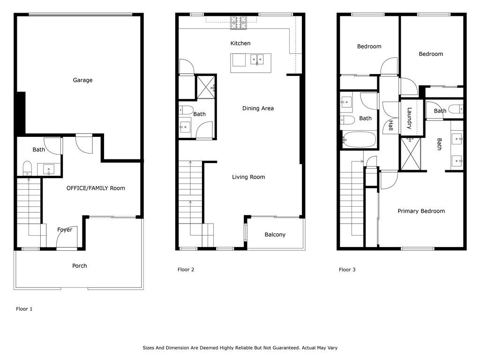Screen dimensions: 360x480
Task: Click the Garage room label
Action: pos(82,80)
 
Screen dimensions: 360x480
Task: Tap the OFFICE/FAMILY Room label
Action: pos(96,188)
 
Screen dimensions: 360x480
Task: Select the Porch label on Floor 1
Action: pos(79,266)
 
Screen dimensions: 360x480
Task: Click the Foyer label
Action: pos(65,230)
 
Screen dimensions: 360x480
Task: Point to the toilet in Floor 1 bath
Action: pos(27,167)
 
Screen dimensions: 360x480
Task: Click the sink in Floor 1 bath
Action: pos(49,169)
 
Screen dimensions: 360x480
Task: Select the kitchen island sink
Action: pos(256,59)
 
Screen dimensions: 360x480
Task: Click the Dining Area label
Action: pos(258,108)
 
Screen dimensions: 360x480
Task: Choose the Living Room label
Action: pos(248,177)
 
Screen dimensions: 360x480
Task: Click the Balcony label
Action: pos(275,234)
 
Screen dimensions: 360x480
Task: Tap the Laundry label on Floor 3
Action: pos(409,119)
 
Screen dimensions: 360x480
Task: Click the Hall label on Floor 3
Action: pos(390,126)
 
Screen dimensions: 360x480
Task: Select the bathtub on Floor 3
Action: pos(359,140)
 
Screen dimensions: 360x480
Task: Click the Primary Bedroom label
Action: pos(421,211)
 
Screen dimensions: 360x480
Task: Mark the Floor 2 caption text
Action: pos(186,270)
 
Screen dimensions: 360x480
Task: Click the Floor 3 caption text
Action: pos(347,270)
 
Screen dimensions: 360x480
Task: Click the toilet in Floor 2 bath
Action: pos(186,111)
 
